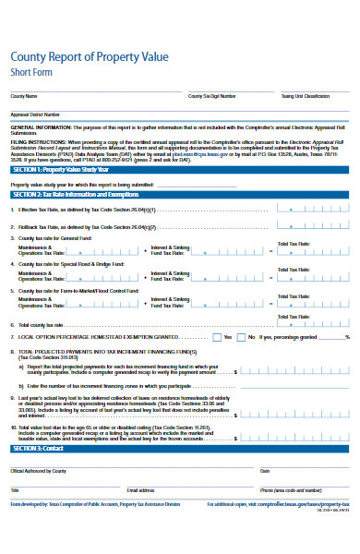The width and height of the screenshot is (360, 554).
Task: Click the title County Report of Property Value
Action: pos(89,56)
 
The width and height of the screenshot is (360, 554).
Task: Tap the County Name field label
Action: pos(24,96)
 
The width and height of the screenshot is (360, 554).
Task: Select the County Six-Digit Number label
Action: pos(211,96)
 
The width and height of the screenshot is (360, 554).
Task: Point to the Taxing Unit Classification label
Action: pos(305,96)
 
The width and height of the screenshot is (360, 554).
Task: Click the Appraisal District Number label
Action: pos(34,114)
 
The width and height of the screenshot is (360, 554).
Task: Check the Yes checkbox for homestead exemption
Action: pos(217,337)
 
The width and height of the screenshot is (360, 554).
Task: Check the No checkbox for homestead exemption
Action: pos(242,337)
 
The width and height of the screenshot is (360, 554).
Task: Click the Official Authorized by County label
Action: pos(38,471)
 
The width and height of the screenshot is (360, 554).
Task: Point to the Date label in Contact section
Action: pos(264,471)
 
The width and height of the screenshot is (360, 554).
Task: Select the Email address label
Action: pos(141,489)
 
